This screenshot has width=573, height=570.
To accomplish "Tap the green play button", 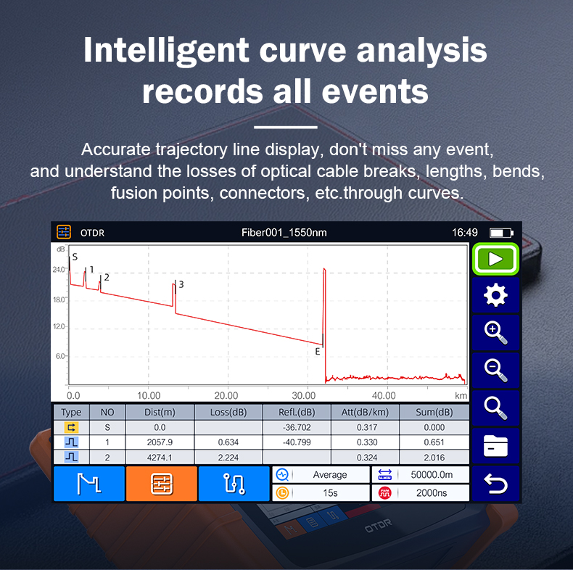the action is [x=495, y=259].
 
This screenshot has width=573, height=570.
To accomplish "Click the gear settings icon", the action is [x=495, y=295].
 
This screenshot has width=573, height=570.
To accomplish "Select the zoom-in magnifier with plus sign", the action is [x=495, y=333].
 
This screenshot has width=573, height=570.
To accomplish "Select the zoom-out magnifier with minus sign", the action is [x=495, y=371].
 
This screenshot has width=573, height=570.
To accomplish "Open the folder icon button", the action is [x=495, y=446].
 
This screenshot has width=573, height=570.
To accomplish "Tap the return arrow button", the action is [x=495, y=484].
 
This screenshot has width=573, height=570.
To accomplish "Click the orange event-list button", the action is [x=162, y=484].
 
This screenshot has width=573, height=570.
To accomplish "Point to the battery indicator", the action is [x=501, y=233].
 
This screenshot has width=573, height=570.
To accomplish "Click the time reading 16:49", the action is [x=464, y=232].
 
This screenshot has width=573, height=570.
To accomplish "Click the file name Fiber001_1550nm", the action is [x=284, y=232].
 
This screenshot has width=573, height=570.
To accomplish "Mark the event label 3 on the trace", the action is [x=181, y=284].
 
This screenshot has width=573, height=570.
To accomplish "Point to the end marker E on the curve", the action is [x=318, y=352].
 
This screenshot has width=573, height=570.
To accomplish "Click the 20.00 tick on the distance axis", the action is [x=226, y=396].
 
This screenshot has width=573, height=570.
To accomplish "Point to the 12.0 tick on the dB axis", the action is [x=59, y=326].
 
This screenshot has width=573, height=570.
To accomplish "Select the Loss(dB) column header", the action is [x=228, y=412].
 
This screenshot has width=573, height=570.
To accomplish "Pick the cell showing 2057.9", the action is [x=160, y=442].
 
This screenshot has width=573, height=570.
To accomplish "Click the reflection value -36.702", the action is [x=297, y=427].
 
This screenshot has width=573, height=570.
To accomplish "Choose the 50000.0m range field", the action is [x=432, y=474].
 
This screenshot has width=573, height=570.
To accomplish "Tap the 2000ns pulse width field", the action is [x=432, y=493].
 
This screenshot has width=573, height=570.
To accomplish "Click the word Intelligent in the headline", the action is [x=166, y=51].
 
